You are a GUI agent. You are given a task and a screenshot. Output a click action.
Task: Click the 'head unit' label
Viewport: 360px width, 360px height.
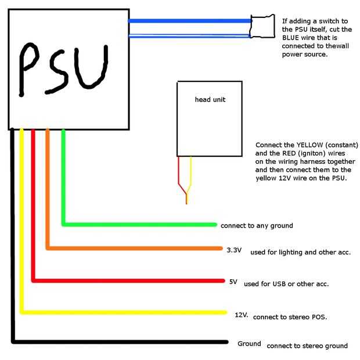(x=210, y=99)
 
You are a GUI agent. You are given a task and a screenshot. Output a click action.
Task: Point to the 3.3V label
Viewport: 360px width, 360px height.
(x=233, y=250)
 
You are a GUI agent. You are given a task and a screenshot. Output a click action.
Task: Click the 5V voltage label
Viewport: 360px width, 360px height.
(x=233, y=282)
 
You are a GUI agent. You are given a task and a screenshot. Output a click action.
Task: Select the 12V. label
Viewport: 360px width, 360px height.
(x=242, y=315)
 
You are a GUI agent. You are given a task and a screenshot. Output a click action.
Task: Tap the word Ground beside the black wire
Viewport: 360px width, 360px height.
(x=249, y=344)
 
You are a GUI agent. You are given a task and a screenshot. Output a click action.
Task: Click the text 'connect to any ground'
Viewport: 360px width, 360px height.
(x=257, y=225)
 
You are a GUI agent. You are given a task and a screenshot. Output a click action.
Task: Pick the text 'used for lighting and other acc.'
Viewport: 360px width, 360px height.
(x=301, y=253)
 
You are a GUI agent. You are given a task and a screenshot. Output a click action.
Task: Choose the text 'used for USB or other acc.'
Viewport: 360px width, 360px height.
(x=286, y=284)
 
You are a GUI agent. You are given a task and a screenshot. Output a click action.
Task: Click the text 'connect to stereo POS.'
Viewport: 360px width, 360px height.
(x=290, y=317)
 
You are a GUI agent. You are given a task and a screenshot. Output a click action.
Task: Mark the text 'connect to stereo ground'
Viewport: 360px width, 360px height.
(x=307, y=346)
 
